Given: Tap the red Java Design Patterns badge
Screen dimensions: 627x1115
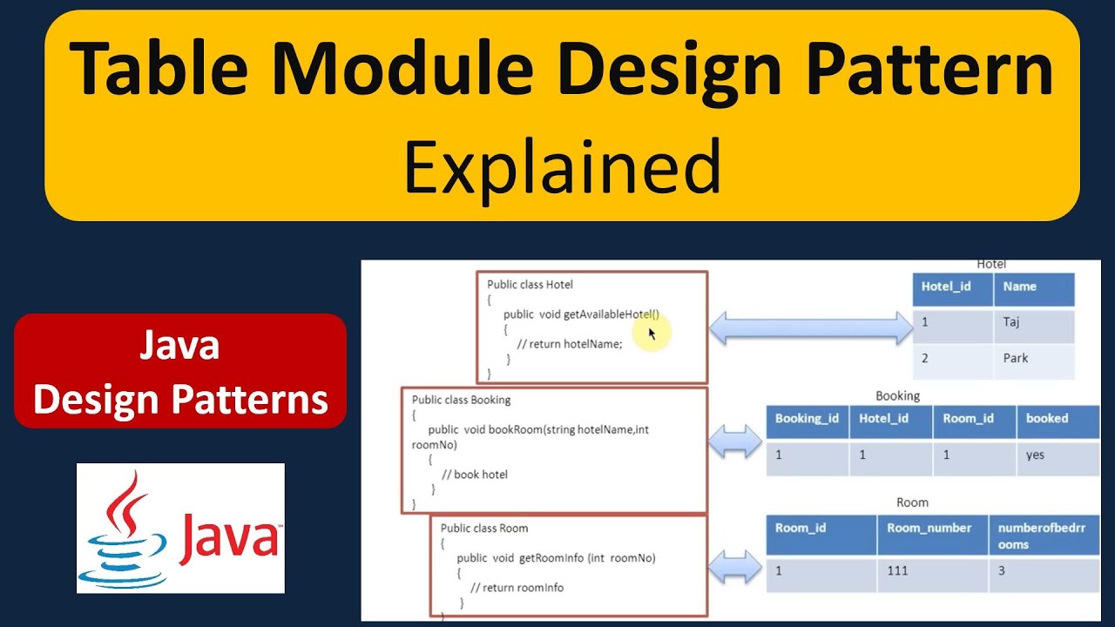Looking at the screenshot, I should pos(180,372).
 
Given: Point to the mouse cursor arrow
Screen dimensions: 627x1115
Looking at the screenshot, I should pos(652,334).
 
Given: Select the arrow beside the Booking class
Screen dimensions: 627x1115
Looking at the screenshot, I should pos(735,442).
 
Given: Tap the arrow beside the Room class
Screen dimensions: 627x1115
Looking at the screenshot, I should pos(735,570).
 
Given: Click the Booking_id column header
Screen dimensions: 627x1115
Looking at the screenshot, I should pos(807,419).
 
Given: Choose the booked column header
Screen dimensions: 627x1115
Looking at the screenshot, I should pos(1047,419).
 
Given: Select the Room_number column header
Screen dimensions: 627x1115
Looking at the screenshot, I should pos(929,528).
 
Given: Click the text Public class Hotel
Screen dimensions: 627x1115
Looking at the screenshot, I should pos(530,285).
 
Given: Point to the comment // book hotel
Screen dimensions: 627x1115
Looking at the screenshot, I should pos(474,475).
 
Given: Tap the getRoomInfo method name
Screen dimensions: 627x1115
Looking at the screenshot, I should pos(551,558).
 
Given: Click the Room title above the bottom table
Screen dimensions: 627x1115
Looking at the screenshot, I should pos(912,502).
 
